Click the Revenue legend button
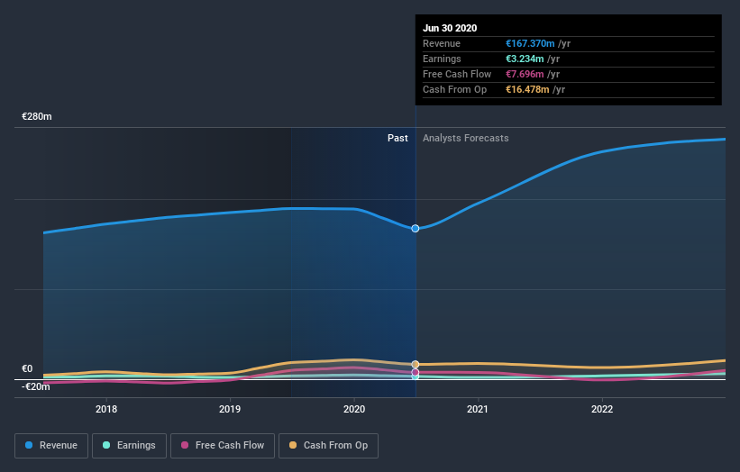[51, 445]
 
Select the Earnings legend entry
[130, 445]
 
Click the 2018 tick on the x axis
[106, 409]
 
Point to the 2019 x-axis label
[230, 409]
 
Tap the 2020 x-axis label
[354, 409]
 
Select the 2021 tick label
[478, 409]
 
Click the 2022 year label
[601, 409]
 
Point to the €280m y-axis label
[37, 117]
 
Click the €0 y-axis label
[28, 368]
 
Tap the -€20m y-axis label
[37, 386]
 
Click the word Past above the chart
[397, 139]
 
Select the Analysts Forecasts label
[465, 139]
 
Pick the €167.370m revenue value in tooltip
[530, 43]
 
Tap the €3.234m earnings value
[524, 59]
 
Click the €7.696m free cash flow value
[524, 74]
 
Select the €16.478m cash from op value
[526, 89]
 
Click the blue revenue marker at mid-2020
[416, 229]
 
